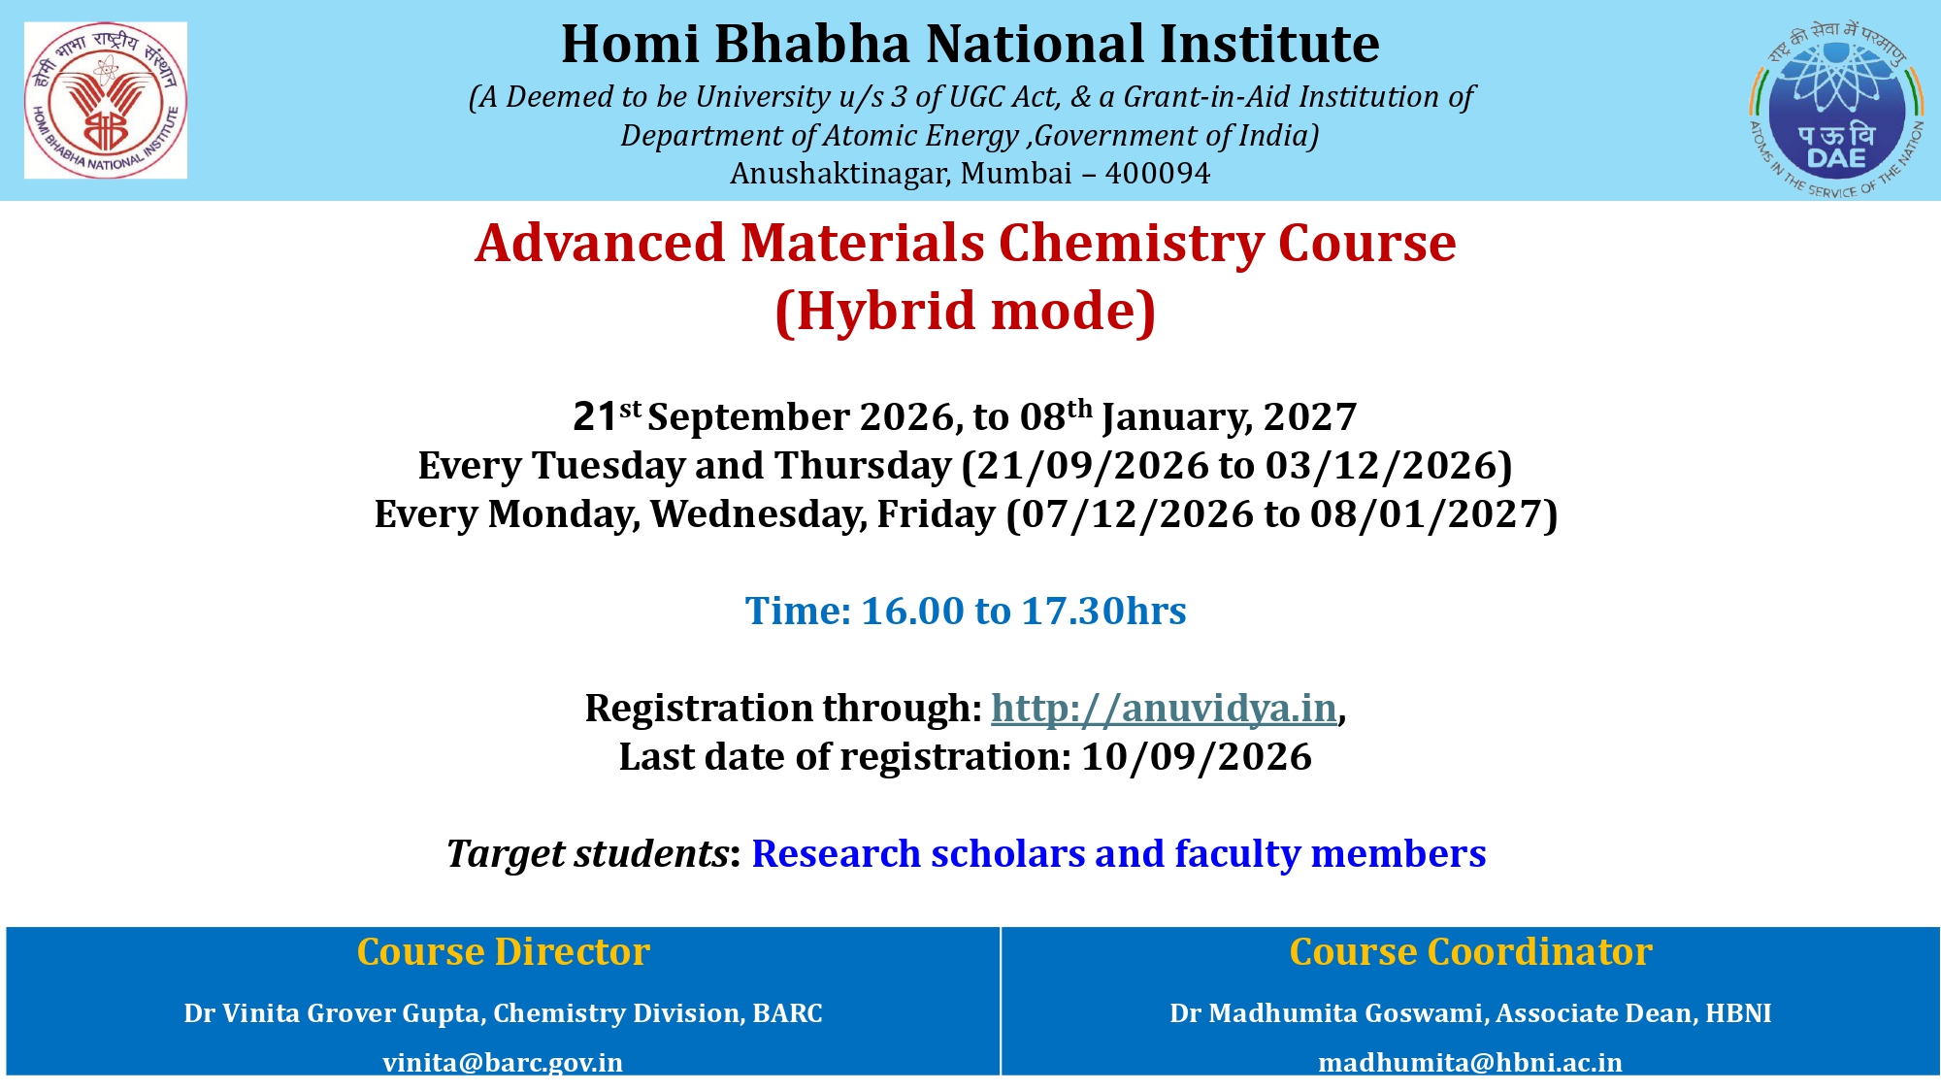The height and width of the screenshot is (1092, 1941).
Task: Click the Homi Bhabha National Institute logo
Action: tap(106, 100)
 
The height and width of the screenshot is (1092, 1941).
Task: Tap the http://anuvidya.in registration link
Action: tap(1164, 709)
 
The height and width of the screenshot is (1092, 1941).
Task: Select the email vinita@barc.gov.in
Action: tap(503, 1062)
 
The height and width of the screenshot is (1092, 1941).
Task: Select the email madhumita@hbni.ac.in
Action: tap(1470, 1062)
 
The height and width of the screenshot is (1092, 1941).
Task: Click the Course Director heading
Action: tap(503, 951)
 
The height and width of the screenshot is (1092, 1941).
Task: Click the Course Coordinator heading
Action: tap(1470, 951)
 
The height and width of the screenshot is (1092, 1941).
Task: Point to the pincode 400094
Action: tap(1158, 173)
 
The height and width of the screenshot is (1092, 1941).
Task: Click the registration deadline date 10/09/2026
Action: tap(1197, 756)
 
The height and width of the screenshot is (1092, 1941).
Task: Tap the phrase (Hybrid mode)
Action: tap(966, 311)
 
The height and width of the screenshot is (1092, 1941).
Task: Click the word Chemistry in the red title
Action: tap(1131, 243)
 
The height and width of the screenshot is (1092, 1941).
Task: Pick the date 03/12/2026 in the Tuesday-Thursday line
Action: tap(1382, 466)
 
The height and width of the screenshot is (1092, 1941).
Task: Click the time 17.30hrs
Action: tap(1104, 612)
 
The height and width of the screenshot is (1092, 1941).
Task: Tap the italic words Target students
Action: tap(587, 854)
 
